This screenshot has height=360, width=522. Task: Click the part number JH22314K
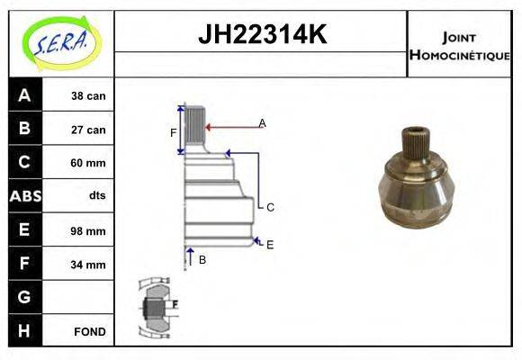261,35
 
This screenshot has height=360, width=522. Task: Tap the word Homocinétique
459,54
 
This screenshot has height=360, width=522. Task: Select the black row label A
24,95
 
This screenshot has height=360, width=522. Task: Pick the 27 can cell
88,130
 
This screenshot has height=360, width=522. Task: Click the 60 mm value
88,163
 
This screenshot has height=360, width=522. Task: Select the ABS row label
24,196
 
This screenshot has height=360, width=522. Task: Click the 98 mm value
88,230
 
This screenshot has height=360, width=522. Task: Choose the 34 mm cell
88,265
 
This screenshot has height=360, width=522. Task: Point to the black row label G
24,297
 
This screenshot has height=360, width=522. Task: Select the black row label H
24,330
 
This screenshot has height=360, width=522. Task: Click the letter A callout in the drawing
262,122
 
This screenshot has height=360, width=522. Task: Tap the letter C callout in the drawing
269,207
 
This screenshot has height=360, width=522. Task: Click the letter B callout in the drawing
202,260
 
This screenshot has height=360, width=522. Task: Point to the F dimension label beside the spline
173,133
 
